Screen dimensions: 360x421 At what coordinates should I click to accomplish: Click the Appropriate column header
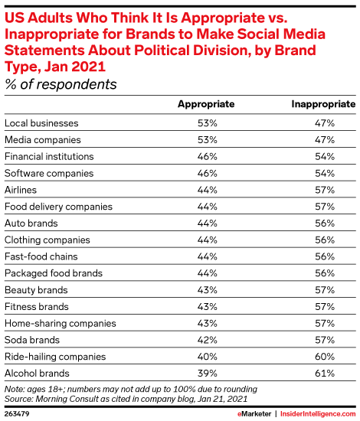tap(206, 104)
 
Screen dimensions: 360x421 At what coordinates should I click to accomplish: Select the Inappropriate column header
tap(323, 104)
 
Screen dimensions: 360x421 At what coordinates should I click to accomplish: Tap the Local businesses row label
tap(41, 123)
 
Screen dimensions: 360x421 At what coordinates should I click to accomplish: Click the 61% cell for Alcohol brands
tap(325, 374)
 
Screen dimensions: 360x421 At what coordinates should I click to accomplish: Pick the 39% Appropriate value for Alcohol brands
tap(207, 374)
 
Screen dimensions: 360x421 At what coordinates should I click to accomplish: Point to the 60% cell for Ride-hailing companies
tap(325, 357)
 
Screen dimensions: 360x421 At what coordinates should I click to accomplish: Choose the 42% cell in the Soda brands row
tap(207, 340)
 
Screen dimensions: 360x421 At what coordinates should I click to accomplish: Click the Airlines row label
tap(21, 190)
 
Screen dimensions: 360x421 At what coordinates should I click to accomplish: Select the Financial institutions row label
tap(49, 156)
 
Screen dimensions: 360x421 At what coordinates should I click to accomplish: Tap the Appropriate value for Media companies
tap(207, 140)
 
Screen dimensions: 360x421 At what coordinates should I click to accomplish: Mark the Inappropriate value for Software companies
tap(325, 173)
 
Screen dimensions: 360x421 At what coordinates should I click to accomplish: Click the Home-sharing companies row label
tap(61, 323)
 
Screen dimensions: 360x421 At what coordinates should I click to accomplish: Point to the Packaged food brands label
tap(54, 273)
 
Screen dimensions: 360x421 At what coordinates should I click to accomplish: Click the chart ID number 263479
tap(17, 414)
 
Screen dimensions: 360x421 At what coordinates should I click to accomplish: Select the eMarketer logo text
tap(254, 414)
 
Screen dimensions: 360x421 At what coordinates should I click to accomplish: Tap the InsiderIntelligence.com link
tap(318, 414)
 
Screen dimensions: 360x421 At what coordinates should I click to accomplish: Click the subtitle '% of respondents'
tap(61, 84)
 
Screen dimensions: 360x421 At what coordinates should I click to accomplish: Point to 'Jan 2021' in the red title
tap(75, 67)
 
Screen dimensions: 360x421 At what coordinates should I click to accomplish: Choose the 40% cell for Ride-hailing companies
tap(207, 357)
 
